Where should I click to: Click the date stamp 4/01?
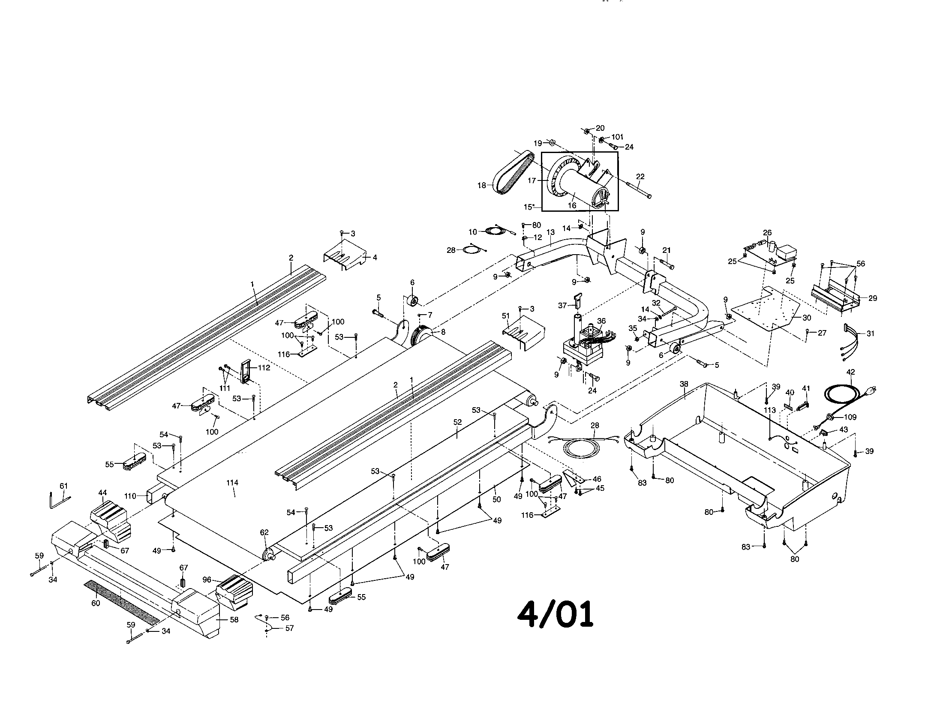click(x=555, y=614)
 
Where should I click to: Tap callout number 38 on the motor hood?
click(x=684, y=384)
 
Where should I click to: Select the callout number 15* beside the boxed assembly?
click(x=530, y=207)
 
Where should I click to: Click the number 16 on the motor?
click(x=572, y=205)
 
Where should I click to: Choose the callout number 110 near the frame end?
click(x=130, y=496)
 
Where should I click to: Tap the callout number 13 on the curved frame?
click(x=550, y=233)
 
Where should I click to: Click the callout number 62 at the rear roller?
click(x=264, y=532)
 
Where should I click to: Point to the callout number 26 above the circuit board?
click(x=767, y=233)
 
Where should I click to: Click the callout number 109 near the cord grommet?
click(x=850, y=417)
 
